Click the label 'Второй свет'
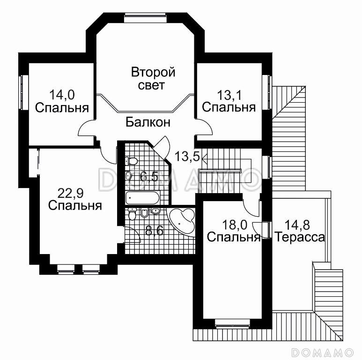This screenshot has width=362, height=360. [x=153, y=79]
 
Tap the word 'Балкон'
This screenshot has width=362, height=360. [x=148, y=123]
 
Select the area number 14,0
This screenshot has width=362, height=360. [x=62, y=95]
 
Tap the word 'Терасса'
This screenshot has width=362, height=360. [x=300, y=237]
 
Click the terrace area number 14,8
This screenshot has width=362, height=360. [x=299, y=224]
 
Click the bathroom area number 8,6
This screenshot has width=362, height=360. [x=154, y=231]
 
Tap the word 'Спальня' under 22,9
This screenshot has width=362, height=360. [x=75, y=205]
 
